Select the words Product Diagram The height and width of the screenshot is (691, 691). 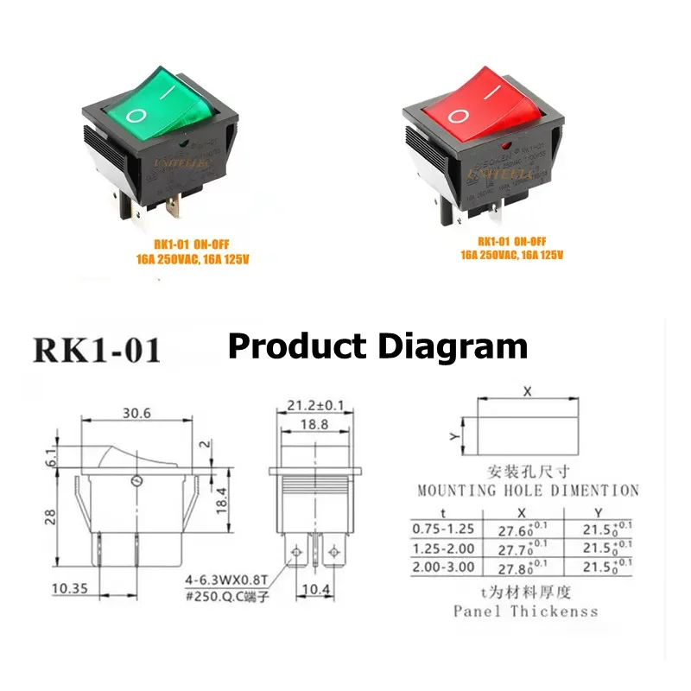(377, 346)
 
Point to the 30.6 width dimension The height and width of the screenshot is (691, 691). (136, 413)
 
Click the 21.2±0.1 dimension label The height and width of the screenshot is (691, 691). (315, 404)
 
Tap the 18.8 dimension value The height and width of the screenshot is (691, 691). (315, 425)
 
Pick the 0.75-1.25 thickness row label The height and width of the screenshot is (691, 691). (443, 528)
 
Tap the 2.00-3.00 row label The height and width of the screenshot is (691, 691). (443, 567)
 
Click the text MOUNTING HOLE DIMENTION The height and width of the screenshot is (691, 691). (528, 491)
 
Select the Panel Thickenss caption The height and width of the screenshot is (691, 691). (525, 611)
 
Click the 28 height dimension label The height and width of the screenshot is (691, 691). (51, 517)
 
